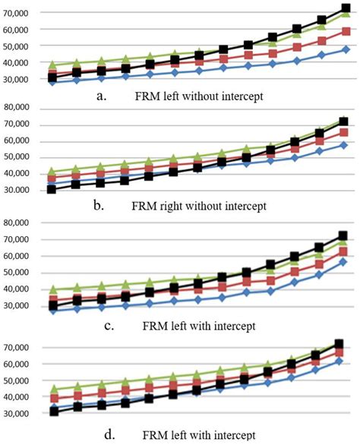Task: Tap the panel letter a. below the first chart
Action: (x=101, y=96)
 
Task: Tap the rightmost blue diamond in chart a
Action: (x=346, y=49)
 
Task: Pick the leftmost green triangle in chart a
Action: (x=52, y=65)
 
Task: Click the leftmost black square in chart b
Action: (x=52, y=189)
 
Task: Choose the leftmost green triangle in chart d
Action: (x=52, y=390)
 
